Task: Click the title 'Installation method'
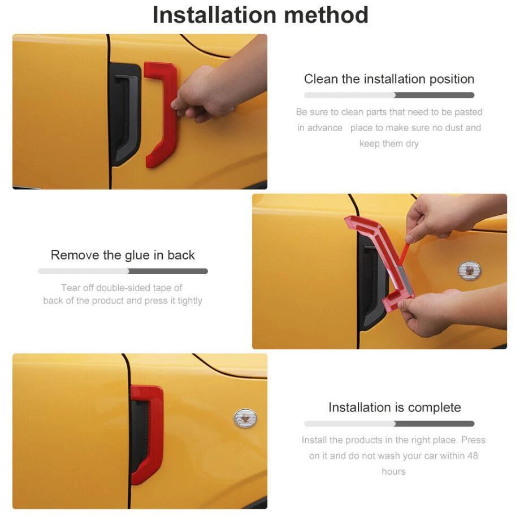[x=261, y=15]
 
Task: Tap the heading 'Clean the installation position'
[x=389, y=79]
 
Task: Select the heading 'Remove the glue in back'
[x=123, y=255]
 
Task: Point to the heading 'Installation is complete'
[x=395, y=408]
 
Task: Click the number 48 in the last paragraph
[x=473, y=456]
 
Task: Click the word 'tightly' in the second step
[x=190, y=301]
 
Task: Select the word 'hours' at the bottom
[x=393, y=471]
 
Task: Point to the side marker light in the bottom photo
[x=245, y=418]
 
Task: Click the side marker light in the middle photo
[x=469, y=270]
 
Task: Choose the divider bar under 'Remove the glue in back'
[x=123, y=271]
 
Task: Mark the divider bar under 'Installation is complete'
[x=389, y=423]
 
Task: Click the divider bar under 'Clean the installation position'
[x=389, y=95]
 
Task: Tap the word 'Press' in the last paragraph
[x=473, y=440]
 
